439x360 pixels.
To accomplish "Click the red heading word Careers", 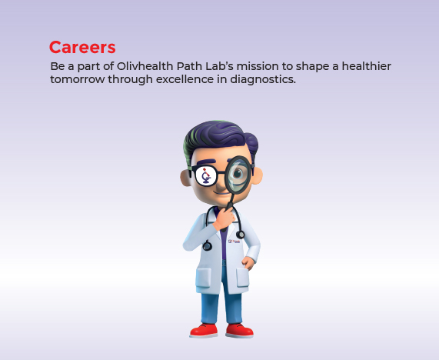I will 82,48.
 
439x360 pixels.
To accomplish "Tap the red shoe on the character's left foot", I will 240,330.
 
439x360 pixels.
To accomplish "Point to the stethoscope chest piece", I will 207,246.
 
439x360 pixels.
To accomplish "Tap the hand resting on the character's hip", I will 248,263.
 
